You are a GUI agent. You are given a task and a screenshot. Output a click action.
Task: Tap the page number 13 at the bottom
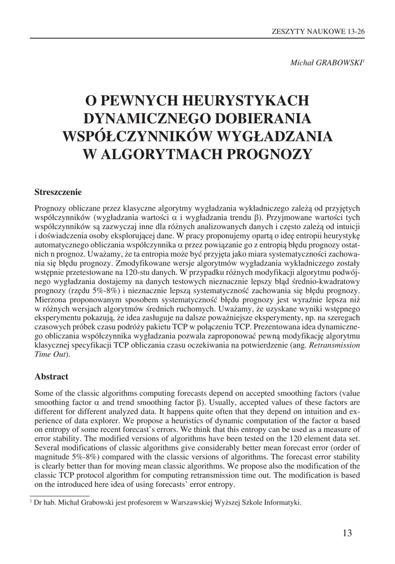coord(347,533)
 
